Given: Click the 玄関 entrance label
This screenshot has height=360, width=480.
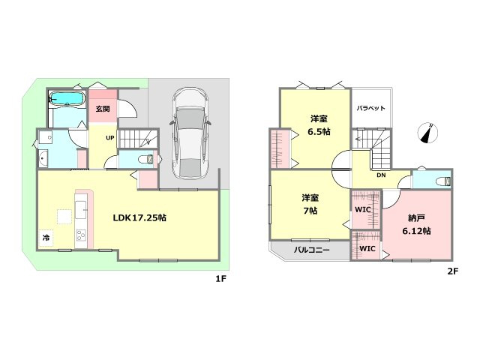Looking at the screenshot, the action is [103, 109].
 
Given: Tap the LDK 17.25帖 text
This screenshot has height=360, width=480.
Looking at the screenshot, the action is [139, 217].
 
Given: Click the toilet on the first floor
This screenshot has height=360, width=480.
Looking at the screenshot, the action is [146, 160].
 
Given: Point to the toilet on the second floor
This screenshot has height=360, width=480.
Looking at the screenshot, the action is [443, 181].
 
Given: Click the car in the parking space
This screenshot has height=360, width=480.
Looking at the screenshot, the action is [190, 133].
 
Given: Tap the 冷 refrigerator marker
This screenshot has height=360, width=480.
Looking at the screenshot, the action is [46, 237].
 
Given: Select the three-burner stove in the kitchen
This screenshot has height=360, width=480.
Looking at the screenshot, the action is [81, 235].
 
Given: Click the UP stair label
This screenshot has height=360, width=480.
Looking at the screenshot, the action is [110, 138].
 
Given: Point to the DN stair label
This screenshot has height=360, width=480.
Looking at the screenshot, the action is [381, 175].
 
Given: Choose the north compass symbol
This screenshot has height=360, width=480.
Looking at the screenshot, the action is [428, 133].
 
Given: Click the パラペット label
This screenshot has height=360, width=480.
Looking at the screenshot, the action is [370, 108].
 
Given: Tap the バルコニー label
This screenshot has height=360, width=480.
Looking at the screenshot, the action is [312, 250].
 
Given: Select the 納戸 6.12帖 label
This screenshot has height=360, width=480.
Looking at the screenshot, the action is [416, 224].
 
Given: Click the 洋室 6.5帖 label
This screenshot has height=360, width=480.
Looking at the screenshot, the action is [319, 125].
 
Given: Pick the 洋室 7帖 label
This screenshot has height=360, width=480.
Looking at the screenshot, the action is [310, 205].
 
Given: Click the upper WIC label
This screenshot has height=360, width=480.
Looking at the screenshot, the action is [363, 210].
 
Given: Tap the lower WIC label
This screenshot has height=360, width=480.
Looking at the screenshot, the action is [367, 248].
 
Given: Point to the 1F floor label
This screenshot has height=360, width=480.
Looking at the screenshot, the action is [220, 279].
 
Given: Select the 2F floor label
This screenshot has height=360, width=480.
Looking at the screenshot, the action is [453, 271].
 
